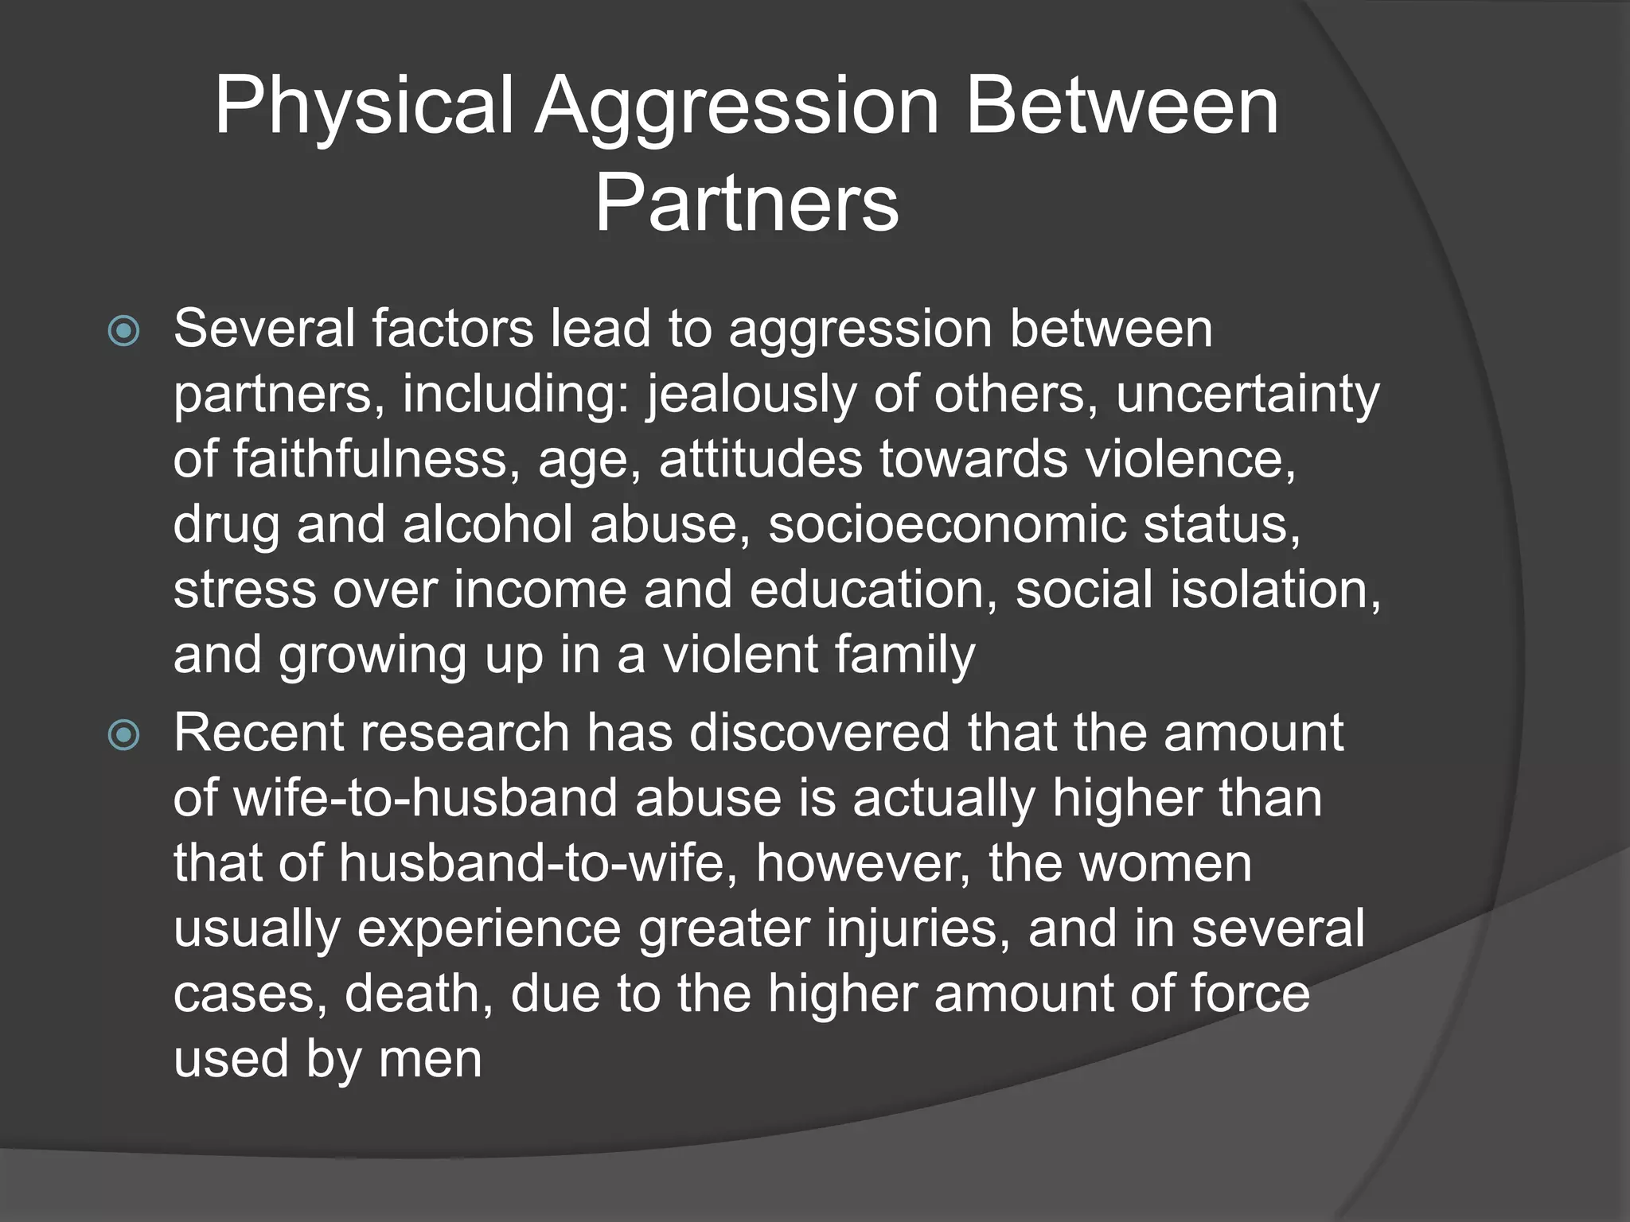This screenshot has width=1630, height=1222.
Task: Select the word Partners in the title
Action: coord(747,204)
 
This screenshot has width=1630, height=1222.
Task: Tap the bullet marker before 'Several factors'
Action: coord(123,331)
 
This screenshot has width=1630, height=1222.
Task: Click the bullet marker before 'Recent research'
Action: coord(123,735)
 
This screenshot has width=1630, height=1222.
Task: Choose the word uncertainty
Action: coord(1247,395)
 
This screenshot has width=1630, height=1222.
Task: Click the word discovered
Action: coord(819,733)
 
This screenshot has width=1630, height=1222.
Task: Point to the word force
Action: coord(1250,994)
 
